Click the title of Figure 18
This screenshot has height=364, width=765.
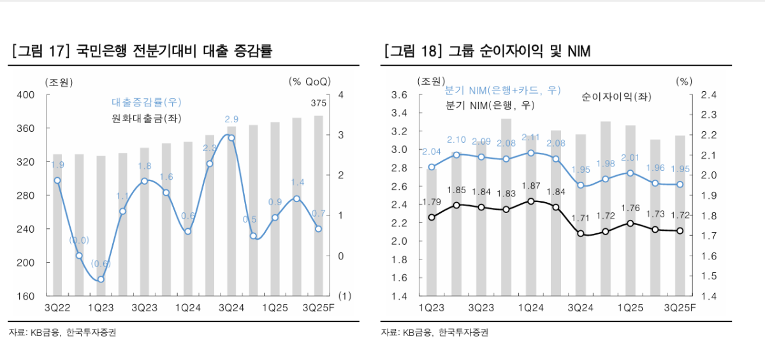click(x=488, y=51)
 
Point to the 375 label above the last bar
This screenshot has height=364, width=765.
click(x=318, y=103)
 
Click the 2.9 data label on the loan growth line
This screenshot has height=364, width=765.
click(x=231, y=119)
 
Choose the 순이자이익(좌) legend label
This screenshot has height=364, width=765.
click(x=616, y=96)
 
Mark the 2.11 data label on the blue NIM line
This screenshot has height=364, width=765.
click(x=530, y=137)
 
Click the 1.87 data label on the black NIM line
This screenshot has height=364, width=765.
click(x=530, y=186)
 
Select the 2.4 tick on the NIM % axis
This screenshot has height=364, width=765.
click(x=708, y=95)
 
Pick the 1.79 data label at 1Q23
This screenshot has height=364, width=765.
click(x=432, y=203)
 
